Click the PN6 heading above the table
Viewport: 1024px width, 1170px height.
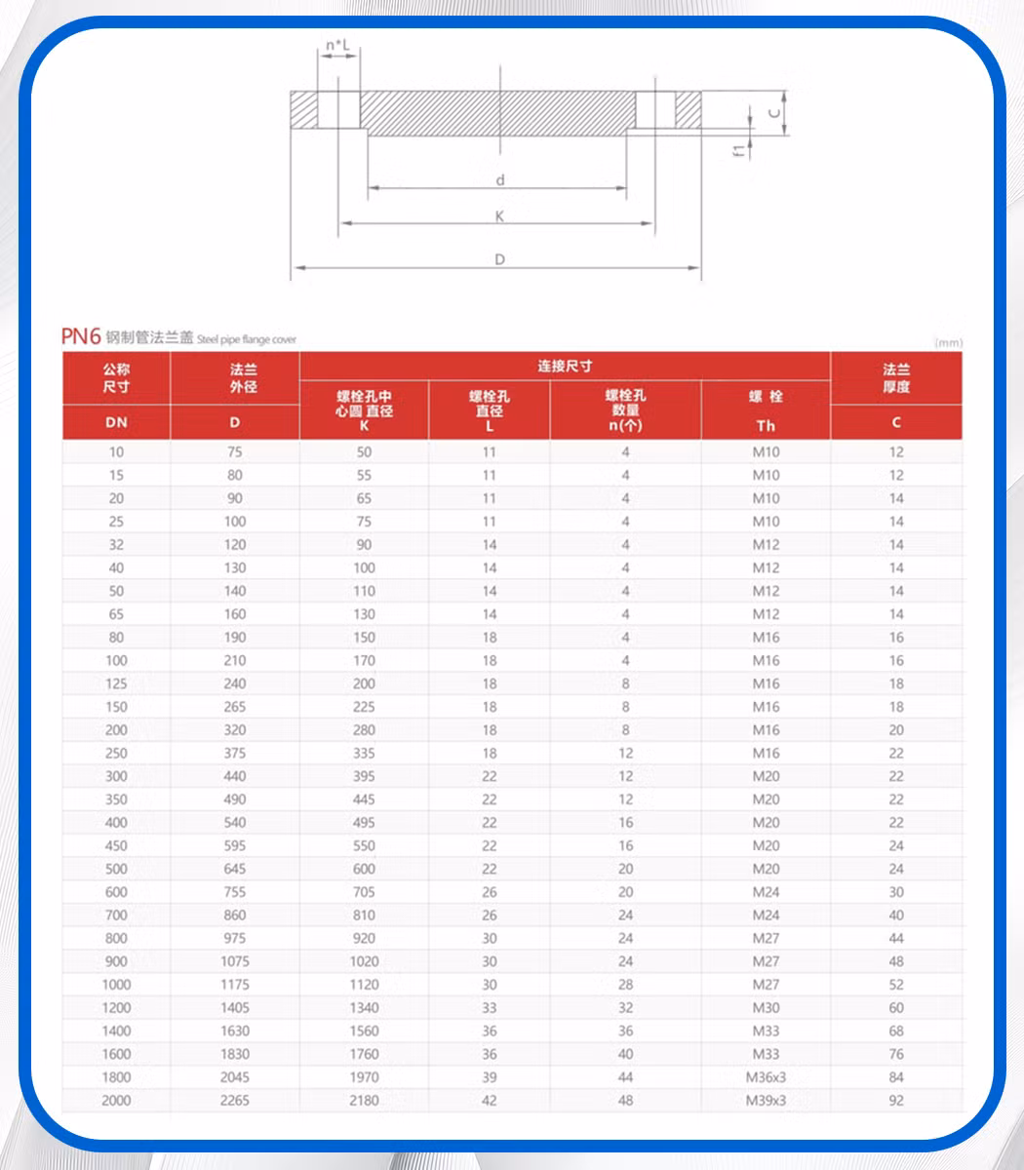tap(81, 336)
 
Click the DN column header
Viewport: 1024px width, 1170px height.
tap(116, 423)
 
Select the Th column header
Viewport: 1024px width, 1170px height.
tap(766, 425)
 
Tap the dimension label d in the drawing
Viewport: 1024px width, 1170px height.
tap(499, 179)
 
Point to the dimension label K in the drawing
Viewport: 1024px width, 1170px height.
tap(499, 216)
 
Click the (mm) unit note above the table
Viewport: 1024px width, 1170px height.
tap(948, 342)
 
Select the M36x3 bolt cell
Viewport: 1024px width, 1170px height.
tap(766, 1077)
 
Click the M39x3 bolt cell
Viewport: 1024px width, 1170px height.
tap(766, 1101)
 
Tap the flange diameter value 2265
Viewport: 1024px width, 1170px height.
tap(234, 1101)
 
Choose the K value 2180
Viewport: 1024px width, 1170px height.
tap(364, 1101)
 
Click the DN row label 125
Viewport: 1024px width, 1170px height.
tap(116, 683)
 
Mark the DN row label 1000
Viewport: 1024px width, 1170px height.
tap(116, 985)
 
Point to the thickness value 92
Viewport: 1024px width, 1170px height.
tap(896, 1101)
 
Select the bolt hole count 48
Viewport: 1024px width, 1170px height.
tap(625, 1101)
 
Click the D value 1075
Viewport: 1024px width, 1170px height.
tap(234, 961)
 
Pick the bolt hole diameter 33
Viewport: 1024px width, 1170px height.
tap(490, 1008)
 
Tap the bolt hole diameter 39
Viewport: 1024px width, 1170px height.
tap(490, 1077)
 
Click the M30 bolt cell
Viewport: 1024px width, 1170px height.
tap(766, 1008)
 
